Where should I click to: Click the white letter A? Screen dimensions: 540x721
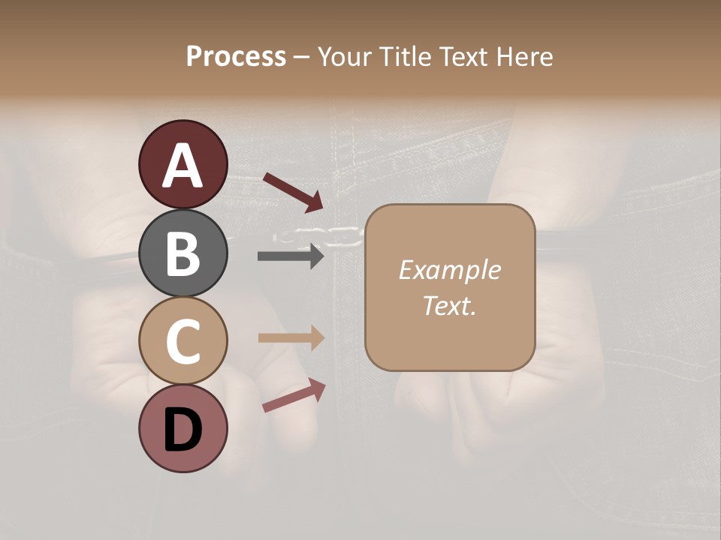183,166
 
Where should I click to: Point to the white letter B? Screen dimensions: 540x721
183,254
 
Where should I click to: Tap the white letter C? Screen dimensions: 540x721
183,342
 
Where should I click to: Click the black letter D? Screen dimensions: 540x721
183,430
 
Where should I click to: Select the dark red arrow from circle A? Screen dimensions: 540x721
293,190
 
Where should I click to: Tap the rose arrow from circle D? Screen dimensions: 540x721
293,395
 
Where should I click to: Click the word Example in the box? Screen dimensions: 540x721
449,270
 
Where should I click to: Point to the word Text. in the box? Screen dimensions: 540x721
449,305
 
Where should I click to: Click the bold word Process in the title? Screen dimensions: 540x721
236,56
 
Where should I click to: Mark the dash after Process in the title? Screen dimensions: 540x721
302,58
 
